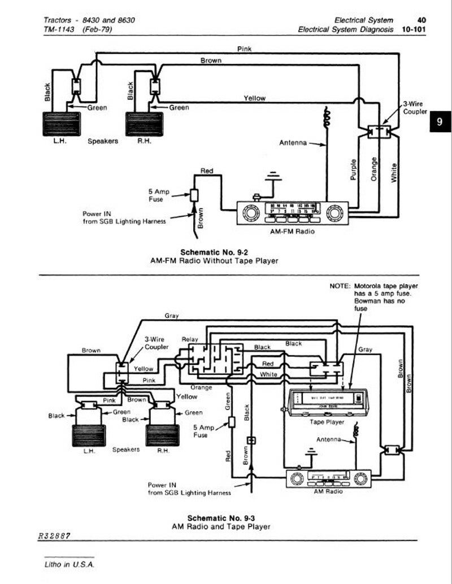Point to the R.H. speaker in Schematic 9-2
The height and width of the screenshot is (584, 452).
click(144, 124)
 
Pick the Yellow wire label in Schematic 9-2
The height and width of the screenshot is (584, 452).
click(254, 98)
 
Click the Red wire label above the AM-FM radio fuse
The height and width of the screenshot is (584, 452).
click(207, 171)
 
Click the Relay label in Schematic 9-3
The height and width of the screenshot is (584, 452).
click(190, 339)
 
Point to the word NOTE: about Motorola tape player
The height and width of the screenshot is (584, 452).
click(340, 286)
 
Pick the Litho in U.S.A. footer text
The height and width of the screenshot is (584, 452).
click(70, 565)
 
